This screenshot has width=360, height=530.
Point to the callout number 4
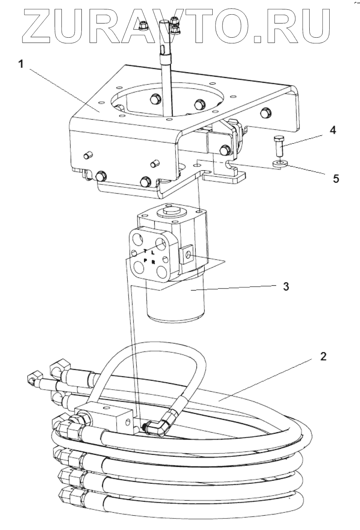click(333, 131)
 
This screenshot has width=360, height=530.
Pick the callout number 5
click(336, 179)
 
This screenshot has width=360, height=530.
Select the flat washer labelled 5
click(279, 164)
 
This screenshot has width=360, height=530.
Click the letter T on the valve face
click(145, 250)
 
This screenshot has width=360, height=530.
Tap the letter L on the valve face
click(153, 254)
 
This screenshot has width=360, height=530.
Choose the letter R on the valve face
click(153, 262)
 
